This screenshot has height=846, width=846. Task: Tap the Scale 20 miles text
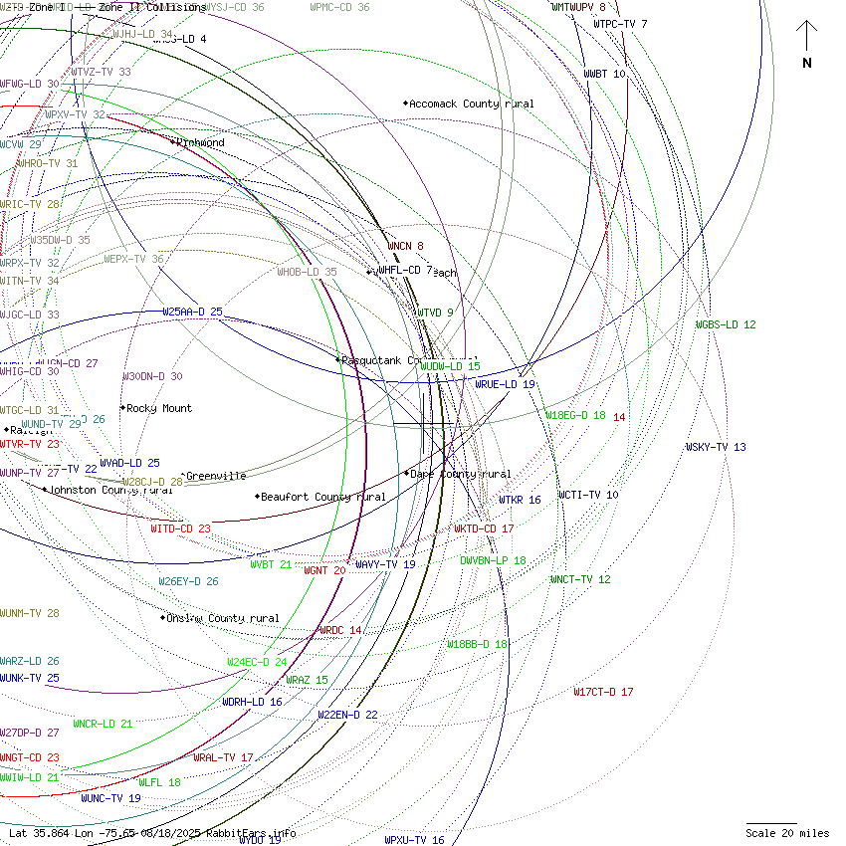(x=787, y=833)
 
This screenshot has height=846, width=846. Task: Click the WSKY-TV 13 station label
(x=715, y=447)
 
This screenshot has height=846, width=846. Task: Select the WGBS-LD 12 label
(x=726, y=324)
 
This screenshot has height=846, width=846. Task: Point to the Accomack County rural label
(x=471, y=104)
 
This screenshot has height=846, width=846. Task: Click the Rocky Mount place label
(x=159, y=408)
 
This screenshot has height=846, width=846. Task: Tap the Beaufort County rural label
(x=322, y=497)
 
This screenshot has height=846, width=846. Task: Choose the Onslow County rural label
(x=223, y=618)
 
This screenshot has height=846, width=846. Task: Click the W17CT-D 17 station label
(x=602, y=692)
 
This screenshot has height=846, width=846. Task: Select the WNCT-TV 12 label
(x=580, y=579)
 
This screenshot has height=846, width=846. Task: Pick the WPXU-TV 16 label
(x=414, y=840)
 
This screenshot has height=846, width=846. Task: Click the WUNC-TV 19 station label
(x=110, y=798)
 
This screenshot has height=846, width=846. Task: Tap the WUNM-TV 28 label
(x=30, y=613)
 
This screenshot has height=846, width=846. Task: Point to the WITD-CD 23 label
(x=180, y=529)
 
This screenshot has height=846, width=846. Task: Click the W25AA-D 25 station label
(x=192, y=312)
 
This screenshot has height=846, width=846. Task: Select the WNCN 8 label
(x=405, y=246)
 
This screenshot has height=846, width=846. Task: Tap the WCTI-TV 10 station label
(x=587, y=495)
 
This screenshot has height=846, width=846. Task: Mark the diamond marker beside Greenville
(x=182, y=476)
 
